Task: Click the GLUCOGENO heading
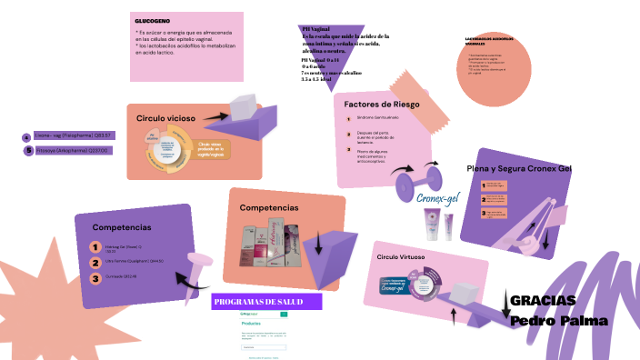[x=152, y=20]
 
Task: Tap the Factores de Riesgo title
[x=382, y=105]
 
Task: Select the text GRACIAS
[x=543, y=301]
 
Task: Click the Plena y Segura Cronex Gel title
[x=518, y=168]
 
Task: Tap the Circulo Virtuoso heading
[x=403, y=257]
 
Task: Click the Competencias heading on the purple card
[x=121, y=227]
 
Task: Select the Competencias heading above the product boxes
[x=269, y=208]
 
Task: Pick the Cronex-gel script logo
[x=439, y=199]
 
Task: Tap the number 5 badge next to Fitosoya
[x=28, y=151]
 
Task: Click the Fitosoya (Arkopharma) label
[x=72, y=151]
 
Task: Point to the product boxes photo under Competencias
[x=267, y=247]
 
